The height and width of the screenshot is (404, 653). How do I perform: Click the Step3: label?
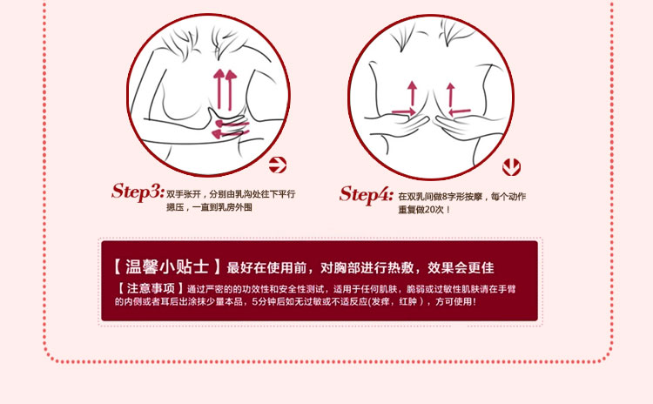click(138, 191)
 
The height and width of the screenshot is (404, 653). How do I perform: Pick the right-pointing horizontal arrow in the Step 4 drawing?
click(402, 111)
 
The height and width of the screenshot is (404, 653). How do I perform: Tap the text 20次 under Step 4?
click(435, 210)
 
